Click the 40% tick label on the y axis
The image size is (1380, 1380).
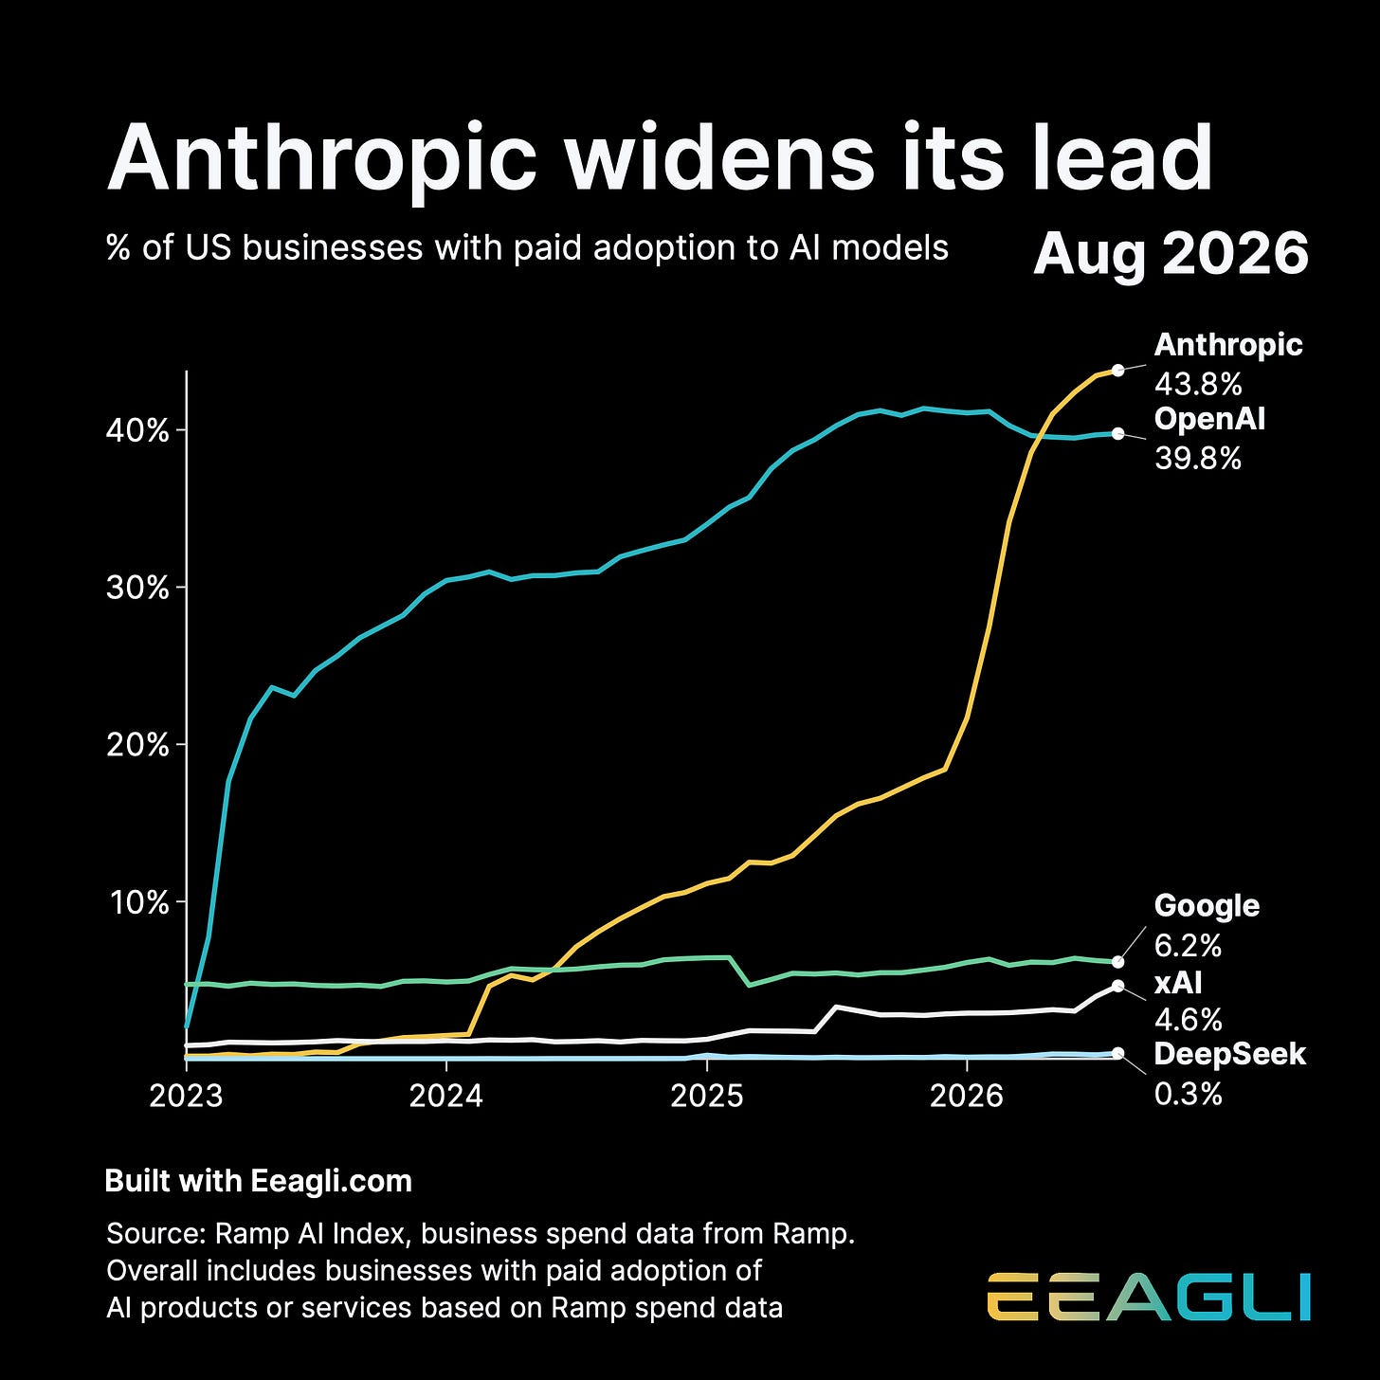pyautogui.click(x=138, y=430)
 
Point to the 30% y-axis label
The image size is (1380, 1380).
pyautogui.click(x=138, y=588)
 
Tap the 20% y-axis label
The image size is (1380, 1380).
pyautogui.click(x=138, y=746)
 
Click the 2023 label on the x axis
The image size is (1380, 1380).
pyautogui.click(x=186, y=1096)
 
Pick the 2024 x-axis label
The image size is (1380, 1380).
pyautogui.click(x=446, y=1096)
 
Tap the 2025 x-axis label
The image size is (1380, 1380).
pyautogui.click(x=707, y=1096)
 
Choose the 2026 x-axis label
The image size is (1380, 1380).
pyautogui.click(x=967, y=1096)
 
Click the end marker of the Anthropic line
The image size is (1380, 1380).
pyautogui.click(x=1117, y=371)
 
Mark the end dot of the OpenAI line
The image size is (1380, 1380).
pyautogui.click(x=1117, y=434)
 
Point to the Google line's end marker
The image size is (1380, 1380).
pyautogui.click(x=1117, y=962)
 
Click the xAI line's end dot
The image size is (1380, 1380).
pyautogui.click(x=1117, y=986)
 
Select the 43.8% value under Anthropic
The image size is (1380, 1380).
pyautogui.click(x=1198, y=385)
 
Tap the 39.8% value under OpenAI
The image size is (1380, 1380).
pyautogui.click(x=1198, y=459)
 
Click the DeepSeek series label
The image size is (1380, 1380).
pyautogui.click(x=1230, y=1054)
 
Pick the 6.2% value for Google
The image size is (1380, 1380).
pyautogui.click(x=1189, y=946)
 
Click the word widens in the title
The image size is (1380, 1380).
pyautogui.click(x=720, y=157)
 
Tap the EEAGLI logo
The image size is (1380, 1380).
pyautogui.click(x=1149, y=1297)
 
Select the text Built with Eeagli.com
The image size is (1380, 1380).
pyautogui.click(x=259, y=1182)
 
